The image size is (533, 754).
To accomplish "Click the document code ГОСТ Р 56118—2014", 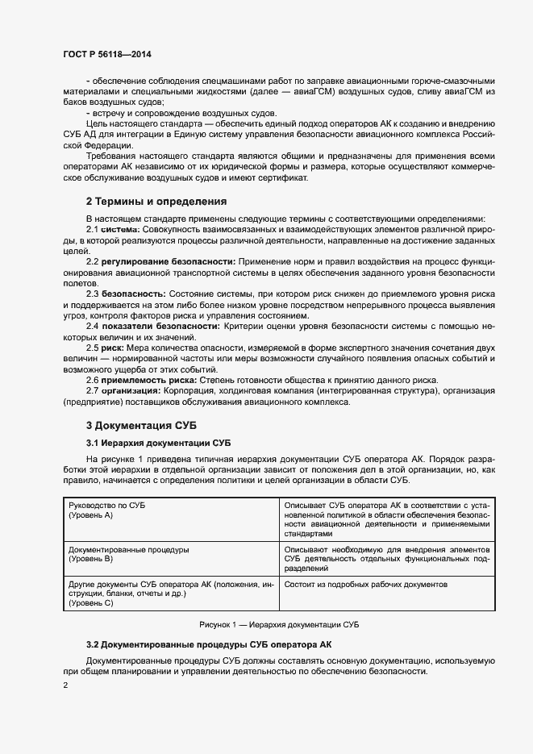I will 107,54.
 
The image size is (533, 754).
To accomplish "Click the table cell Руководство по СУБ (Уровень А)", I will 166,509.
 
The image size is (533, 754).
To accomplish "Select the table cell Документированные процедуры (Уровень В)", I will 166,553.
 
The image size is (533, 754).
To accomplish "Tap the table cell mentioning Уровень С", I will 166,593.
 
